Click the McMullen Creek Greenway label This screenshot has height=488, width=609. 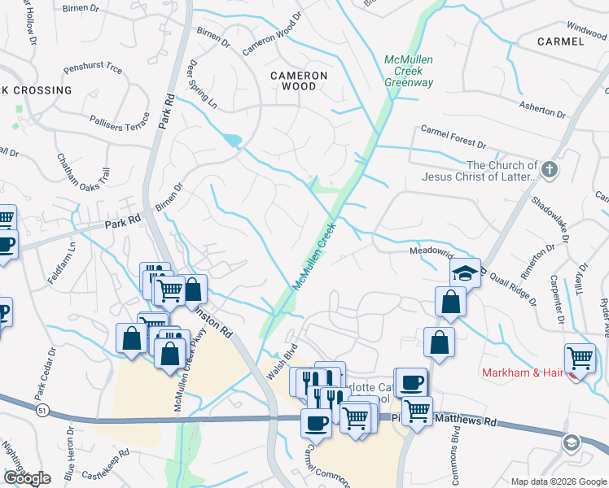[409, 72]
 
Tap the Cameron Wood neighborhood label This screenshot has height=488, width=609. [299, 81]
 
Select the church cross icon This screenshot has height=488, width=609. [550, 171]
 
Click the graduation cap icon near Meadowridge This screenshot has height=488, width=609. [465, 272]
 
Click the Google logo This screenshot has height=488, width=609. [27, 477]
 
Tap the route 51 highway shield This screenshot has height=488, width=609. [42, 412]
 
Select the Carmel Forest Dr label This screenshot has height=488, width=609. [453, 136]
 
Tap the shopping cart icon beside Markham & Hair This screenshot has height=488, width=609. [580, 357]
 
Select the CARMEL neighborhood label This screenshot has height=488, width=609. [561, 41]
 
